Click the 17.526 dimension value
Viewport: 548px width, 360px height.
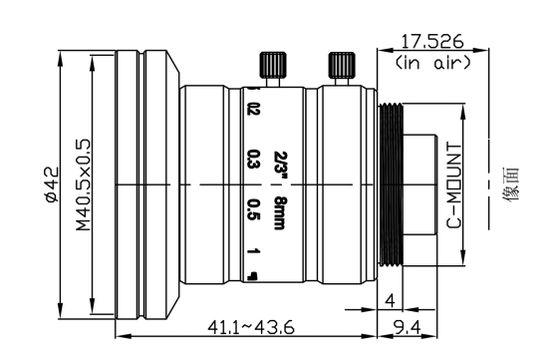432,42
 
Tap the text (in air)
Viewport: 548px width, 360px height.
432,63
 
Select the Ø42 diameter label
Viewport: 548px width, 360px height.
52,184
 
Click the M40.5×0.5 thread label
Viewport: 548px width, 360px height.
84,185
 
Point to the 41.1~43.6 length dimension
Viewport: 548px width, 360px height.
251,327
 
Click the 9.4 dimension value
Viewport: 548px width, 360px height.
408,327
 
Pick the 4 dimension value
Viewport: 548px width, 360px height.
390,300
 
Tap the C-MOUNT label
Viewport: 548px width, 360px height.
454,184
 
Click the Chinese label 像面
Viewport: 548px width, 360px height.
511,184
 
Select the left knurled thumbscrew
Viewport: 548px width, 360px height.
273,65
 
